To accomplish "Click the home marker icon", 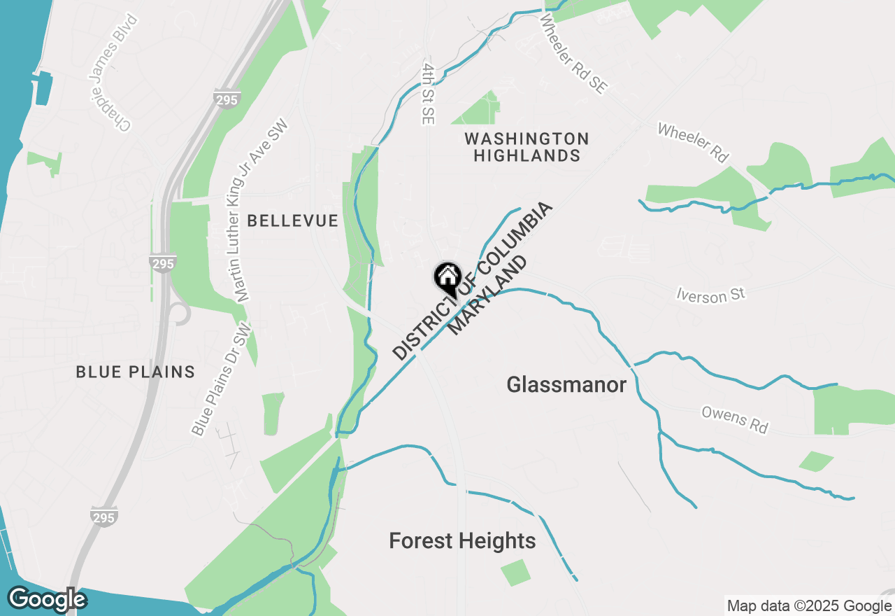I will pyautogui.click(x=447, y=278).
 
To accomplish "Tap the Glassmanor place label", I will pyautogui.click(x=566, y=384).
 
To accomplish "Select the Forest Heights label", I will pyautogui.click(x=462, y=540).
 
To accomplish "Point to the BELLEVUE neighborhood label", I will pyautogui.click(x=292, y=221).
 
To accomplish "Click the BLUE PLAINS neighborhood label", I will pyautogui.click(x=136, y=372).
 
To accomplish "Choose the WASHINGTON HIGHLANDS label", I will pyautogui.click(x=527, y=147).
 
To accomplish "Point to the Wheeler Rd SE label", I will pyautogui.click(x=574, y=55).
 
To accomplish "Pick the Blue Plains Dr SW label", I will pyautogui.click(x=222, y=379).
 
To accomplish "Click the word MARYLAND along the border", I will pyautogui.click(x=487, y=295).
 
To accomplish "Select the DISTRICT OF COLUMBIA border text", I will pyautogui.click(x=473, y=281).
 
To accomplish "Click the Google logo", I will pyautogui.click(x=47, y=600).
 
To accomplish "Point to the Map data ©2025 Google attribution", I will pyautogui.click(x=810, y=606).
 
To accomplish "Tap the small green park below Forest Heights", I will pyautogui.click(x=516, y=573).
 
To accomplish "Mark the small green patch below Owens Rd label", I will pyautogui.click(x=816, y=461).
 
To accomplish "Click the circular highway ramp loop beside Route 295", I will pyautogui.click(x=180, y=314).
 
